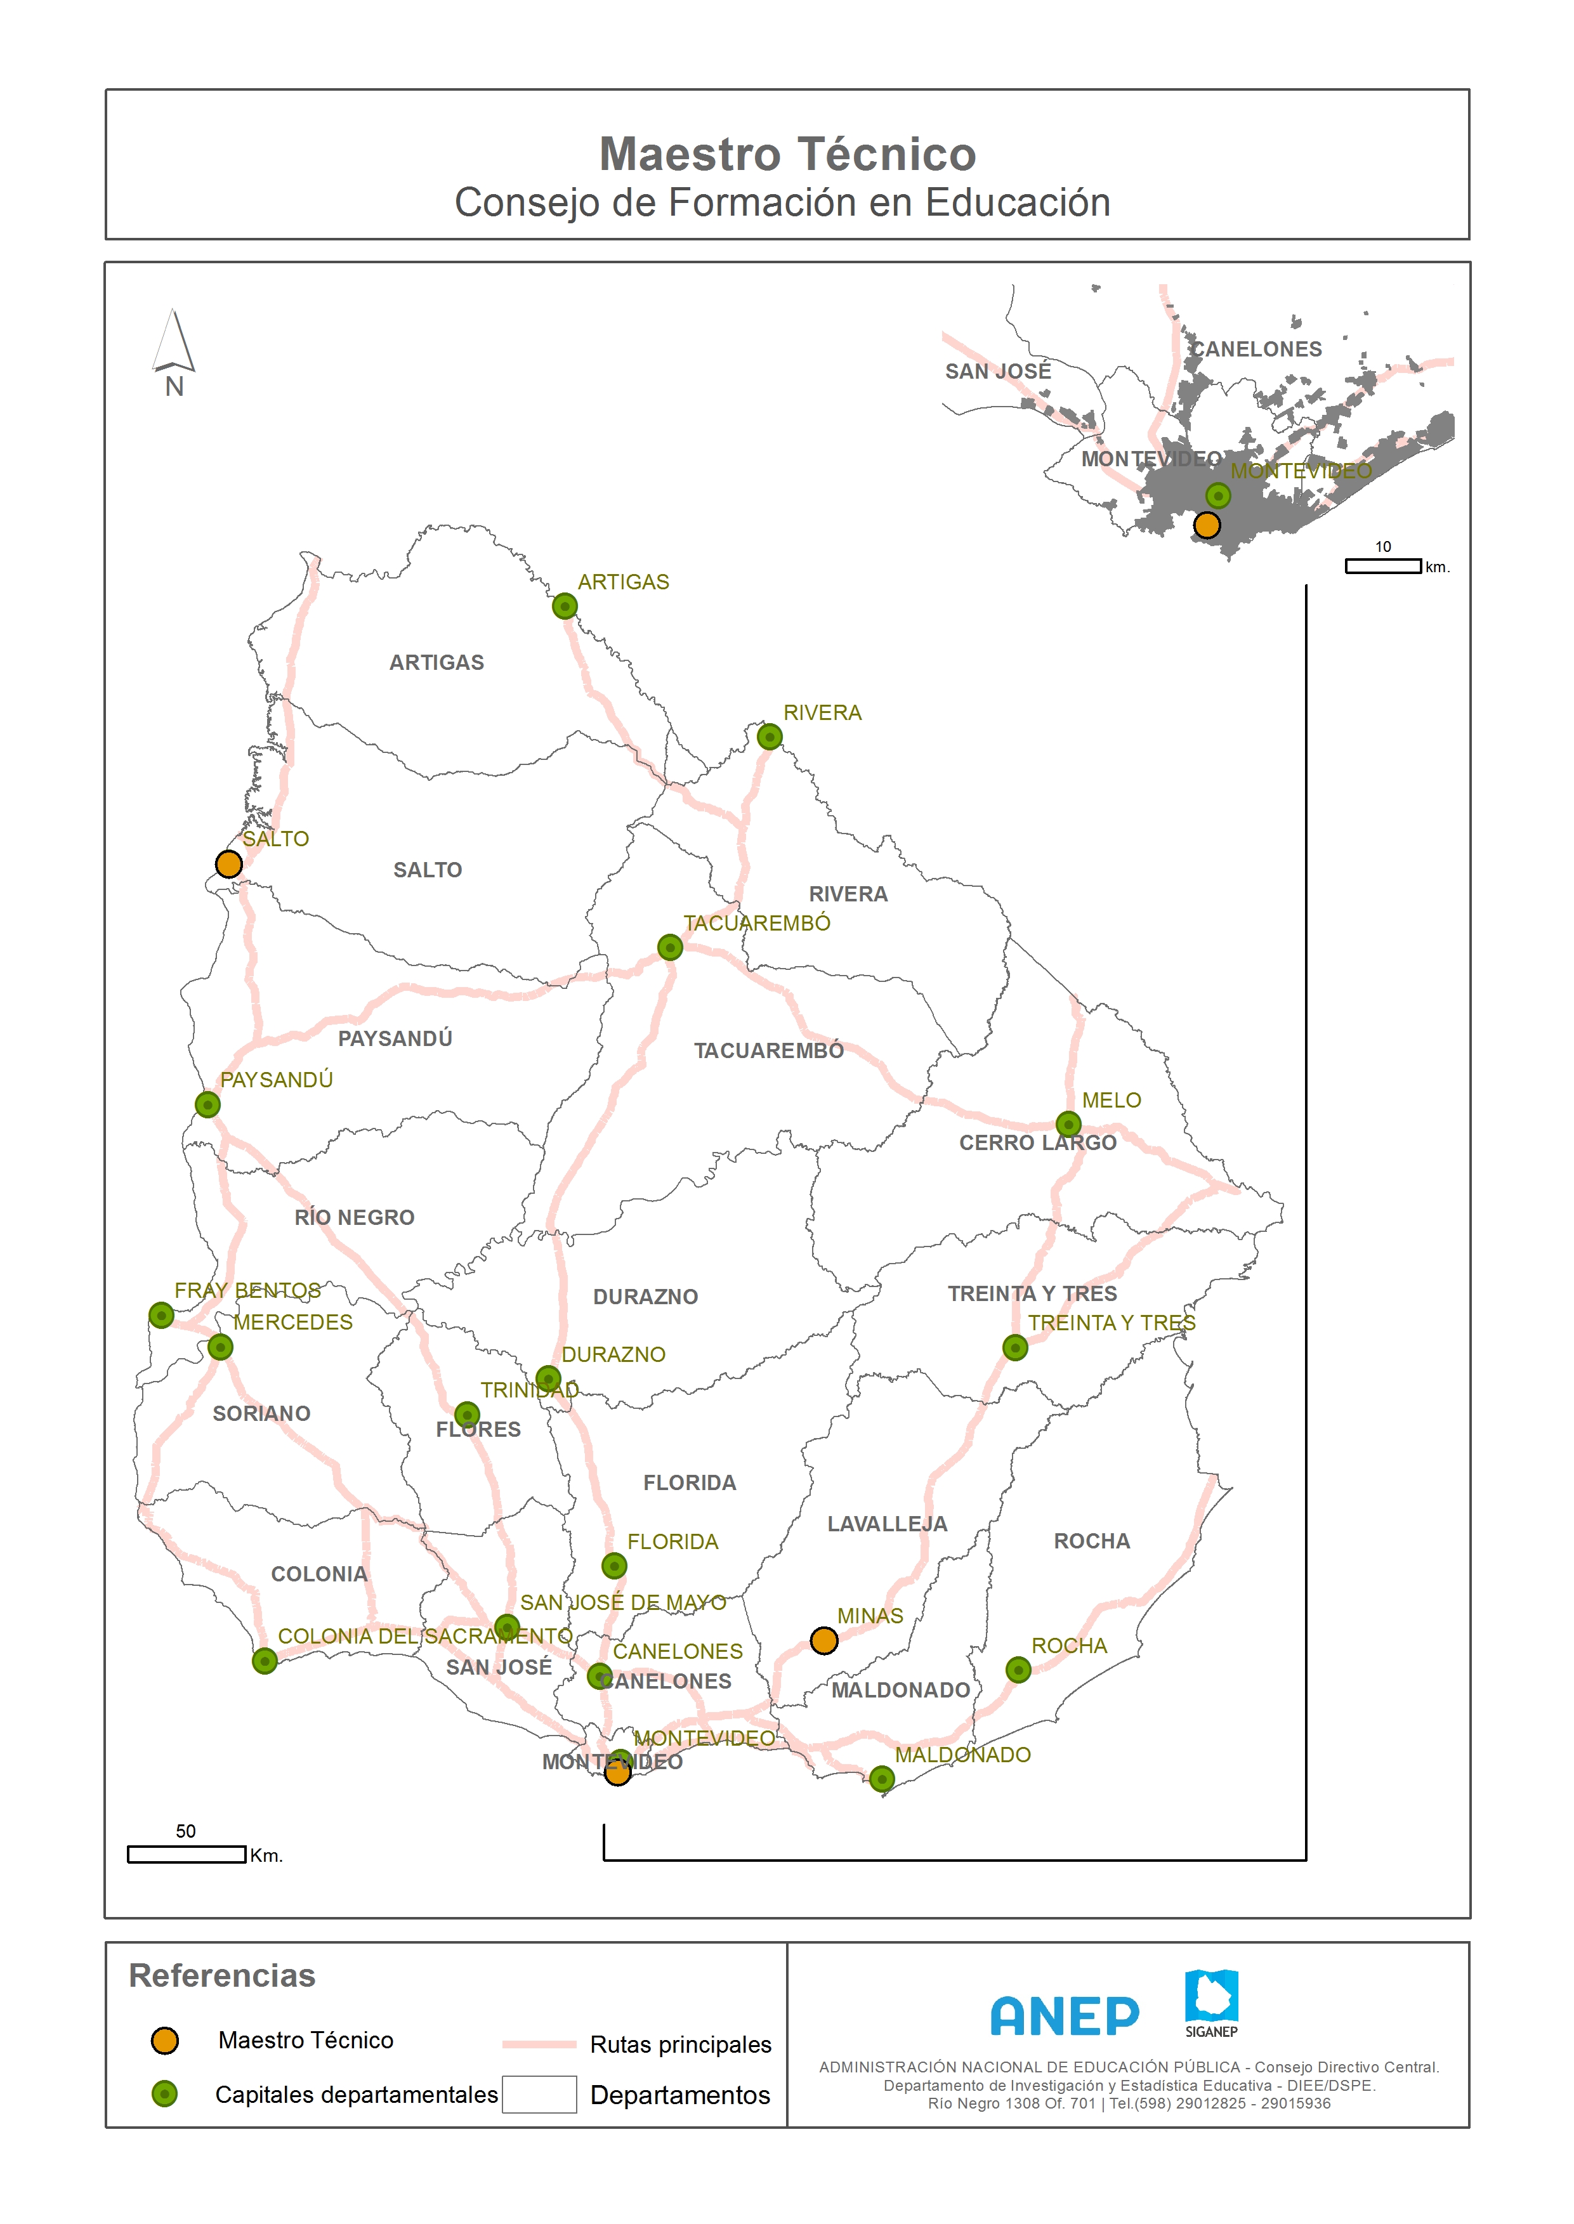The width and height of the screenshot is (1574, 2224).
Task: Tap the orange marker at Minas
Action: pos(824,1640)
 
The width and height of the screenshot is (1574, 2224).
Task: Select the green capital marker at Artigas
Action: pos(565,606)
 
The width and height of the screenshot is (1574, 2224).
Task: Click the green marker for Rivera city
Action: pos(770,736)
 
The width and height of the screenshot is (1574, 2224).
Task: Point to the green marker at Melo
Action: pos(1068,1124)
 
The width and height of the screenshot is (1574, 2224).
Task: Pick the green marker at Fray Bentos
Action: pos(162,1315)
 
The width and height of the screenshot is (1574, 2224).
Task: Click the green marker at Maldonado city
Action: pos(882,1779)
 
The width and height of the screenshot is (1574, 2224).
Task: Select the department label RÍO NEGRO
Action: pos(354,1217)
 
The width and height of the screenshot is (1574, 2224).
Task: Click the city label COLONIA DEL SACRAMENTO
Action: pos(424,1636)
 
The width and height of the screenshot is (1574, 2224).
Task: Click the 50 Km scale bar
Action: pos(186,1854)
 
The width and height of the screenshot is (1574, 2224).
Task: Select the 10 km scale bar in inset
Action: pos(1383,566)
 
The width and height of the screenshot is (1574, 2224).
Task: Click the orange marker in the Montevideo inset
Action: pos(1207,525)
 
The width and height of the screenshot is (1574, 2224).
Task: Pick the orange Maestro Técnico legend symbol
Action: pos(165,2040)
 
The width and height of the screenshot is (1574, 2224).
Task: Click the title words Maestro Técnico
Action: pos(787,154)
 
